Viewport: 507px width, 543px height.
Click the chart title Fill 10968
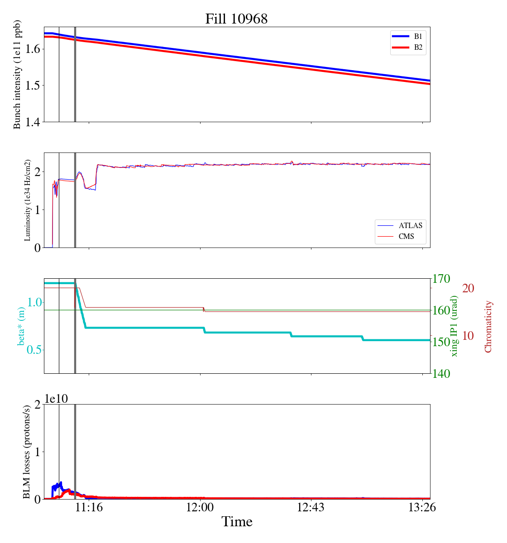tap(236, 19)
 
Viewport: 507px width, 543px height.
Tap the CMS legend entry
tap(406, 236)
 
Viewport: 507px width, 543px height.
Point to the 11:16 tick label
tap(89, 508)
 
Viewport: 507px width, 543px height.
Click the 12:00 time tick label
tap(200, 508)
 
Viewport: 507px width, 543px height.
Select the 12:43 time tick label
tap(311, 508)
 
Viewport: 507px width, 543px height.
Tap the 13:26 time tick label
tap(422, 508)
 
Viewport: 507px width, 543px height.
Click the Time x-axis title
tap(237, 522)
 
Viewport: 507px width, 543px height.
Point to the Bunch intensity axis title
tap(17, 75)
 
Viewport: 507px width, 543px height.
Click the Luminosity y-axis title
tap(28, 200)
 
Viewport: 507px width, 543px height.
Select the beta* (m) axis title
tap(21, 326)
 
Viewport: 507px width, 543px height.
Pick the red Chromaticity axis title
tap(488, 326)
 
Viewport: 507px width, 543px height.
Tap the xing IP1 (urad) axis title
tap(454, 326)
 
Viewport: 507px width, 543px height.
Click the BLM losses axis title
tap(27, 452)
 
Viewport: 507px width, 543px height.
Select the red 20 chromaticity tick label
tap(468, 288)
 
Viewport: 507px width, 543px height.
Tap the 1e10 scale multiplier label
tap(56, 399)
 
